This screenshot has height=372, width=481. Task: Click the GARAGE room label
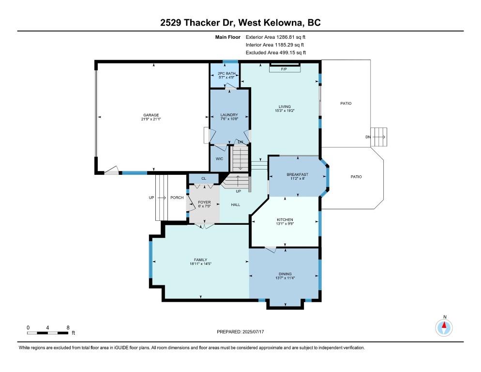(151, 115)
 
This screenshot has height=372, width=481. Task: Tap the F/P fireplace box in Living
(285, 69)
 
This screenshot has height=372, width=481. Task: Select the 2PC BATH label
(226, 74)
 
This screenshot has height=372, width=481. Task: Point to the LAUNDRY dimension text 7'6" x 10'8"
(229, 119)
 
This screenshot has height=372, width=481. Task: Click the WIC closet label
(219, 159)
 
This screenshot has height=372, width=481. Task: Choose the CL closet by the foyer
(204, 178)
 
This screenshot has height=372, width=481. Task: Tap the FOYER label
(204, 202)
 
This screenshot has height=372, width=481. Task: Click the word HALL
(236, 204)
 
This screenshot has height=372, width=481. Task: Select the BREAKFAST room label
(297, 174)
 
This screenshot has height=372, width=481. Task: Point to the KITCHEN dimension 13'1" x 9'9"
(285, 224)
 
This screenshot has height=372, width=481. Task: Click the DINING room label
(285, 274)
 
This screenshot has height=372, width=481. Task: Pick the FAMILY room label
(201, 260)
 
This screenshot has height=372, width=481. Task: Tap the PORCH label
(177, 198)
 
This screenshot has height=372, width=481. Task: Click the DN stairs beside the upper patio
(378, 137)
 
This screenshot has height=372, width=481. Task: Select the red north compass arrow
(444, 325)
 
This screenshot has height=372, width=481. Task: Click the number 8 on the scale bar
(68, 328)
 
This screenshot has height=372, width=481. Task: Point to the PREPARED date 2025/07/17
(253, 332)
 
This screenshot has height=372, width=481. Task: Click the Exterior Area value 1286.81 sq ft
(291, 37)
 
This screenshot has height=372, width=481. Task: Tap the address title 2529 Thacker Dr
(196, 23)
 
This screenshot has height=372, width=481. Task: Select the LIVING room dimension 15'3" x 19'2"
(285, 110)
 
